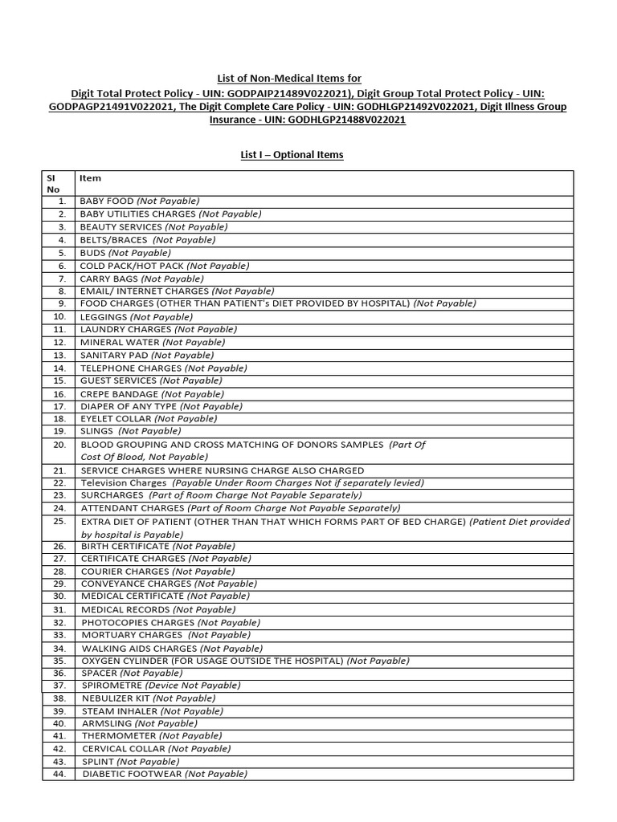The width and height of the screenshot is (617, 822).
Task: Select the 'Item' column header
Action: point(90,178)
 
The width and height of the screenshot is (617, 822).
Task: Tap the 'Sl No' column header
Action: point(54,184)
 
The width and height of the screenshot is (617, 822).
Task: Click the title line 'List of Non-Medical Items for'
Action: point(290,78)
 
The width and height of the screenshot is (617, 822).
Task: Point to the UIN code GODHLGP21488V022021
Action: point(350,120)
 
